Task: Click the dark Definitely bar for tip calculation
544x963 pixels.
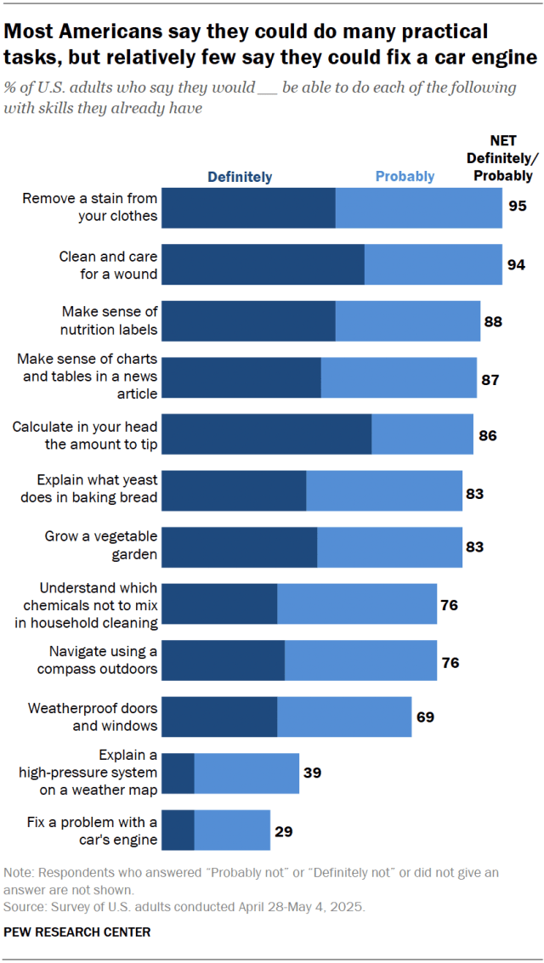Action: tap(266, 434)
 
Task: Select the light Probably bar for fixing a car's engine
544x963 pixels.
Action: tap(231, 830)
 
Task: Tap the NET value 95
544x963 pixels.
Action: tap(518, 207)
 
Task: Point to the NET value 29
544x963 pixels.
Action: tap(284, 830)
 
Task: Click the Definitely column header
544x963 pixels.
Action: tap(241, 177)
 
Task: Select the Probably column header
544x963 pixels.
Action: tap(405, 177)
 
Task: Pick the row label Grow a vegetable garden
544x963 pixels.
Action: tap(101, 546)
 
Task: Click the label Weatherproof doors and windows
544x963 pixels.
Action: tap(93, 717)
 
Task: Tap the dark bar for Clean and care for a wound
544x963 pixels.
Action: tap(263, 264)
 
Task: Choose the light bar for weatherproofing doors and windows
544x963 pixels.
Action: tap(344, 717)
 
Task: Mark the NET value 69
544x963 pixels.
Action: tap(425, 717)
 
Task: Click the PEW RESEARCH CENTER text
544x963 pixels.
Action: tap(77, 932)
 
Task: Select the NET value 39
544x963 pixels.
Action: tap(312, 773)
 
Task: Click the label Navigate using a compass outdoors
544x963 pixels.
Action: tap(98, 660)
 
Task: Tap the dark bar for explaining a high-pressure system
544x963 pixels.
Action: tap(178, 773)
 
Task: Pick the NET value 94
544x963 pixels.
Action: tap(516, 264)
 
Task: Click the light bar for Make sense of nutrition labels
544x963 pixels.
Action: tap(408, 320)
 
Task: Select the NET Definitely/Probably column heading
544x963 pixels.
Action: tap(503, 158)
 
